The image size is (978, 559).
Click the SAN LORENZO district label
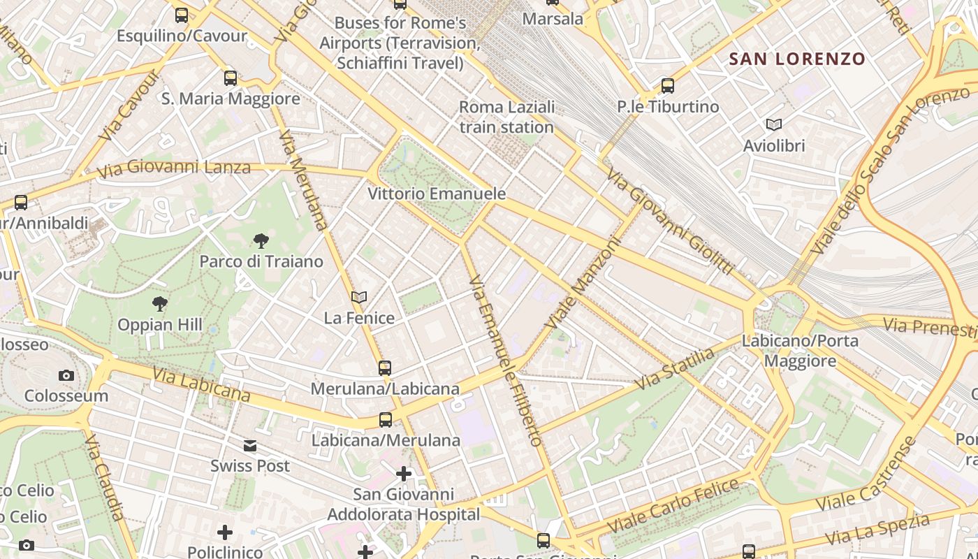click(x=797, y=59)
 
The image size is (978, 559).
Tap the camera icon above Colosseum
click(x=66, y=375)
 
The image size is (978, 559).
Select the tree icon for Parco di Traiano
click(x=261, y=242)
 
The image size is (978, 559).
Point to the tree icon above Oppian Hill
click(x=160, y=304)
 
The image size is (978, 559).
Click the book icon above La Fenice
click(x=359, y=298)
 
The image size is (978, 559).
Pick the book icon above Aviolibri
click(x=773, y=125)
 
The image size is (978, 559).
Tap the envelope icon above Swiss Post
click(x=250, y=446)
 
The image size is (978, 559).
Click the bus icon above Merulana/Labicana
click(x=384, y=368)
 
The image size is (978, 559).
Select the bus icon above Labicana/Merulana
click(x=386, y=420)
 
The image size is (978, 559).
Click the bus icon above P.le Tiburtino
click(x=668, y=86)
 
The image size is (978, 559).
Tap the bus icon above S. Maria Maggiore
click(x=231, y=78)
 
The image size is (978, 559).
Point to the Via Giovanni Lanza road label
click(x=173, y=168)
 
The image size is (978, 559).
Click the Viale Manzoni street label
click(x=583, y=284)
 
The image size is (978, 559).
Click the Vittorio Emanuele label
click(x=437, y=194)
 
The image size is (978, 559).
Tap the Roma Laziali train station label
click(x=506, y=117)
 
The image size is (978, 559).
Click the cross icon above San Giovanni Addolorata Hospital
click(x=404, y=474)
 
